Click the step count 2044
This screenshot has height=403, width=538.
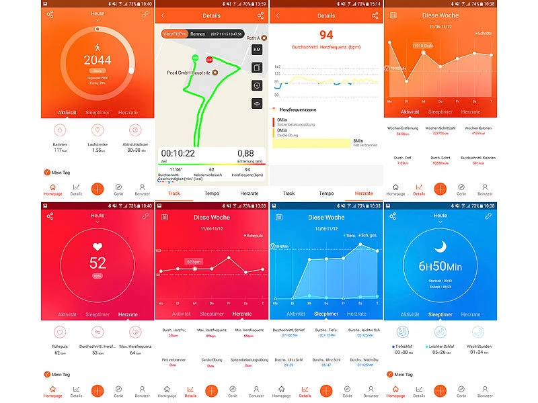(98, 60)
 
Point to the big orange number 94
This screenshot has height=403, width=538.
(326, 35)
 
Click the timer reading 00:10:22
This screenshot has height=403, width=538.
(178, 154)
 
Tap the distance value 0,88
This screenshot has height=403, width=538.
(245, 154)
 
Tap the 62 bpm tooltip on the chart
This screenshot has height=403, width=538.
(194, 261)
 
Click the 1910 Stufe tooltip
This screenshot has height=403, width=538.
(423, 46)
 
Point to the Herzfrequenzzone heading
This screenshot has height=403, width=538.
(299, 109)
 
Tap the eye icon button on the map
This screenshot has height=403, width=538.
(257, 103)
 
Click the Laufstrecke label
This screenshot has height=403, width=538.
(98, 144)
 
